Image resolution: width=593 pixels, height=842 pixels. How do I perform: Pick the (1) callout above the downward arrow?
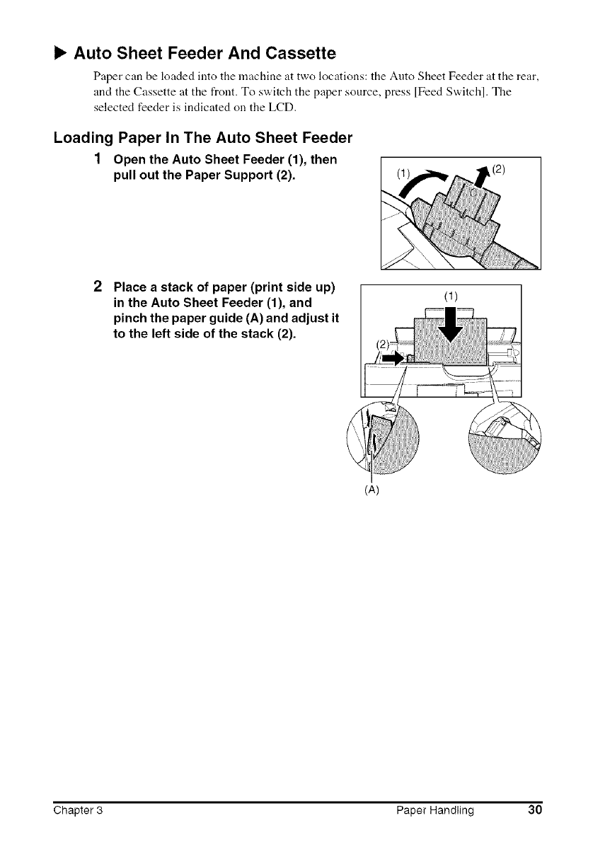click(449, 296)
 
